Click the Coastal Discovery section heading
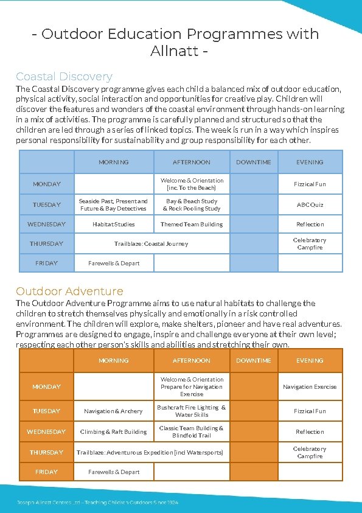[x=64, y=77]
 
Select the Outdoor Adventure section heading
[x=69, y=291]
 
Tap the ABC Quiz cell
[x=310, y=204]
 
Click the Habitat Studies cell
[x=113, y=224]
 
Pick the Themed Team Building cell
[x=191, y=224]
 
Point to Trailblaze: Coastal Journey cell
[x=151, y=243]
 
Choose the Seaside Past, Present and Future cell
[x=113, y=204]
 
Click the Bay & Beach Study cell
[x=191, y=204]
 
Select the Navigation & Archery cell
[x=113, y=411]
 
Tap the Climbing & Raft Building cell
[x=113, y=431]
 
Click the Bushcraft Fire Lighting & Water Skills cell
[x=191, y=411]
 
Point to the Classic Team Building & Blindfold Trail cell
[x=191, y=431]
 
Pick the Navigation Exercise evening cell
[x=310, y=386]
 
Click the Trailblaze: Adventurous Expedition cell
[x=150, y=452]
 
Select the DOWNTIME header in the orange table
[x=254, y=360]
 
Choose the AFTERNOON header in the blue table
[x=191, y=162]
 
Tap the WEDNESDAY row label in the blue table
[x=46, y=224]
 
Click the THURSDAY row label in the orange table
[x=46, y=452]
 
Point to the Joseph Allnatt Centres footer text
[x=97, y=502]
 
